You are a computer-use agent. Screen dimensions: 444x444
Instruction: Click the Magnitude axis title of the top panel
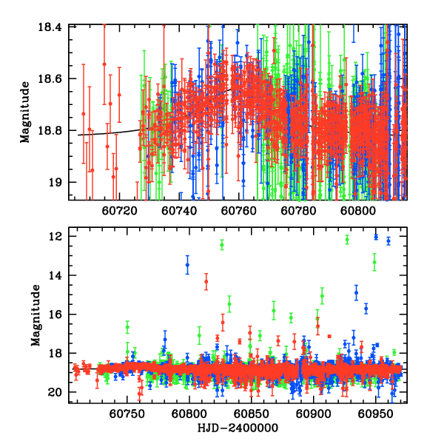pyautogui.click(x=26, y=112)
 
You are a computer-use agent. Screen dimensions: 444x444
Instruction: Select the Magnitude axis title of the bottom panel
pyautogui.click(x=35, y=315)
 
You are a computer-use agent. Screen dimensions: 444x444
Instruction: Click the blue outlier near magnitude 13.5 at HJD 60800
pyautogui.click(x=188, y=265)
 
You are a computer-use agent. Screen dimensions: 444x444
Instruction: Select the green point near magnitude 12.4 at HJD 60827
pyautogui.click(x=221, y=245)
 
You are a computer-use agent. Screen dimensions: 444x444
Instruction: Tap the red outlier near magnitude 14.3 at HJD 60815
pyautogui.click(x=206, y=282)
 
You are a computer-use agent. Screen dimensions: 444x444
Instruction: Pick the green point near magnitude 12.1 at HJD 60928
pyautogui.click(x=347, y=239)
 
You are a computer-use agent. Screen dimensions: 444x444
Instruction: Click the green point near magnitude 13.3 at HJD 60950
pyautogui.click(x=374, y=263)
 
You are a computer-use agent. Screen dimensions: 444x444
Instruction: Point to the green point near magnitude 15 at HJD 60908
pyautogui.click(x=322, y=296)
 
